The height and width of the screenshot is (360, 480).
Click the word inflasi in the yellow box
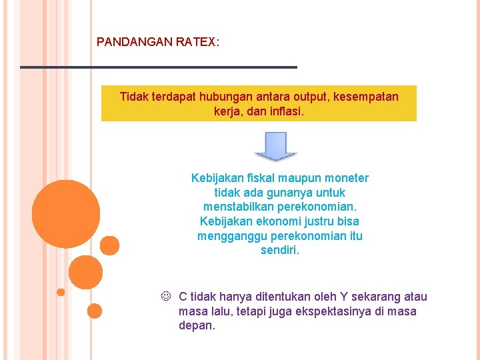point(287,111)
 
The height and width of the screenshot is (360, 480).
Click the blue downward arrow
point(275,146)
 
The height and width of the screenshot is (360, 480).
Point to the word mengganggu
point(228,237)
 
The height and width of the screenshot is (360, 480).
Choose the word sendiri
point(280,251)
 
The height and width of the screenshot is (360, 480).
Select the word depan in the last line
point(197,326)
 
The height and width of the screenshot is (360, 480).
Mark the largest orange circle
point(66,214)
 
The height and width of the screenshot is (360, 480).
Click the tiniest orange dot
point(61,292)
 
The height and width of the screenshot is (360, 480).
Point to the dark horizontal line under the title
point(158,67)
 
